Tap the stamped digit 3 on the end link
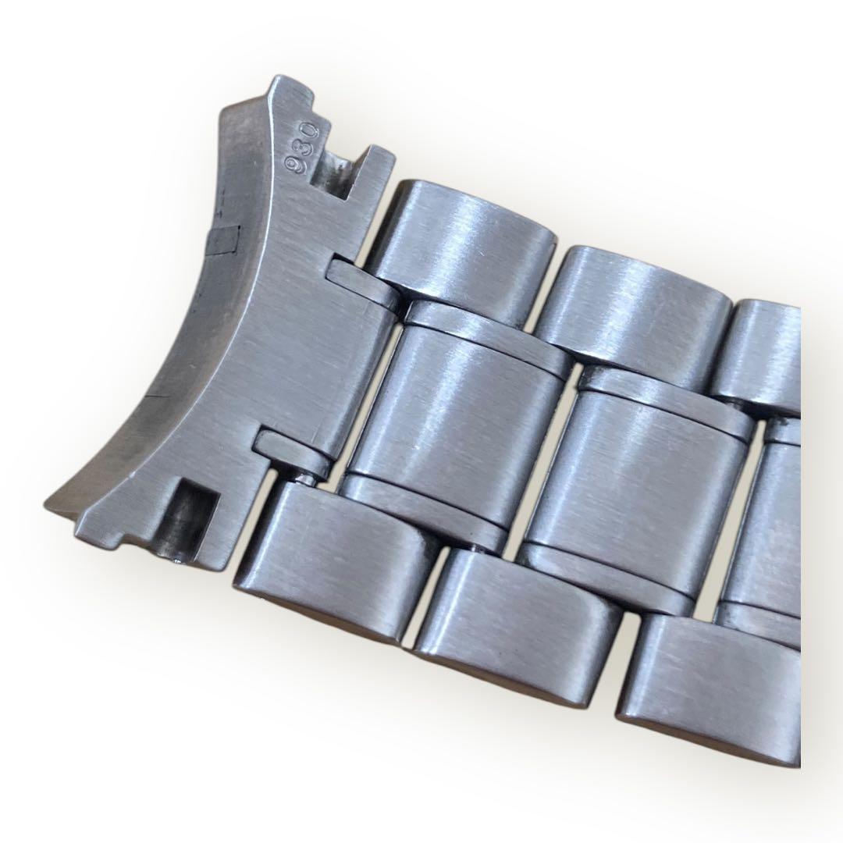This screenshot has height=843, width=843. (303, 147)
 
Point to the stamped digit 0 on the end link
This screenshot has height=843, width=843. (311, 130)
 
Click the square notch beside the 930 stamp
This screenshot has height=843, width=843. (334, 172)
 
